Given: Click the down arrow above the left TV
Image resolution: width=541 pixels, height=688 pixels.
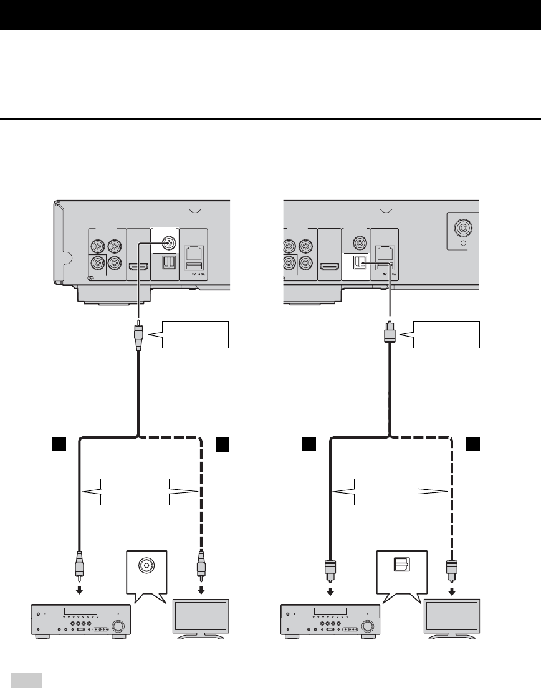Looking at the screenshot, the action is pos(201,590).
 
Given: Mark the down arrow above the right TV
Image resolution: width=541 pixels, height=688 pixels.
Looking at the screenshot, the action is pos(452,590).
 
